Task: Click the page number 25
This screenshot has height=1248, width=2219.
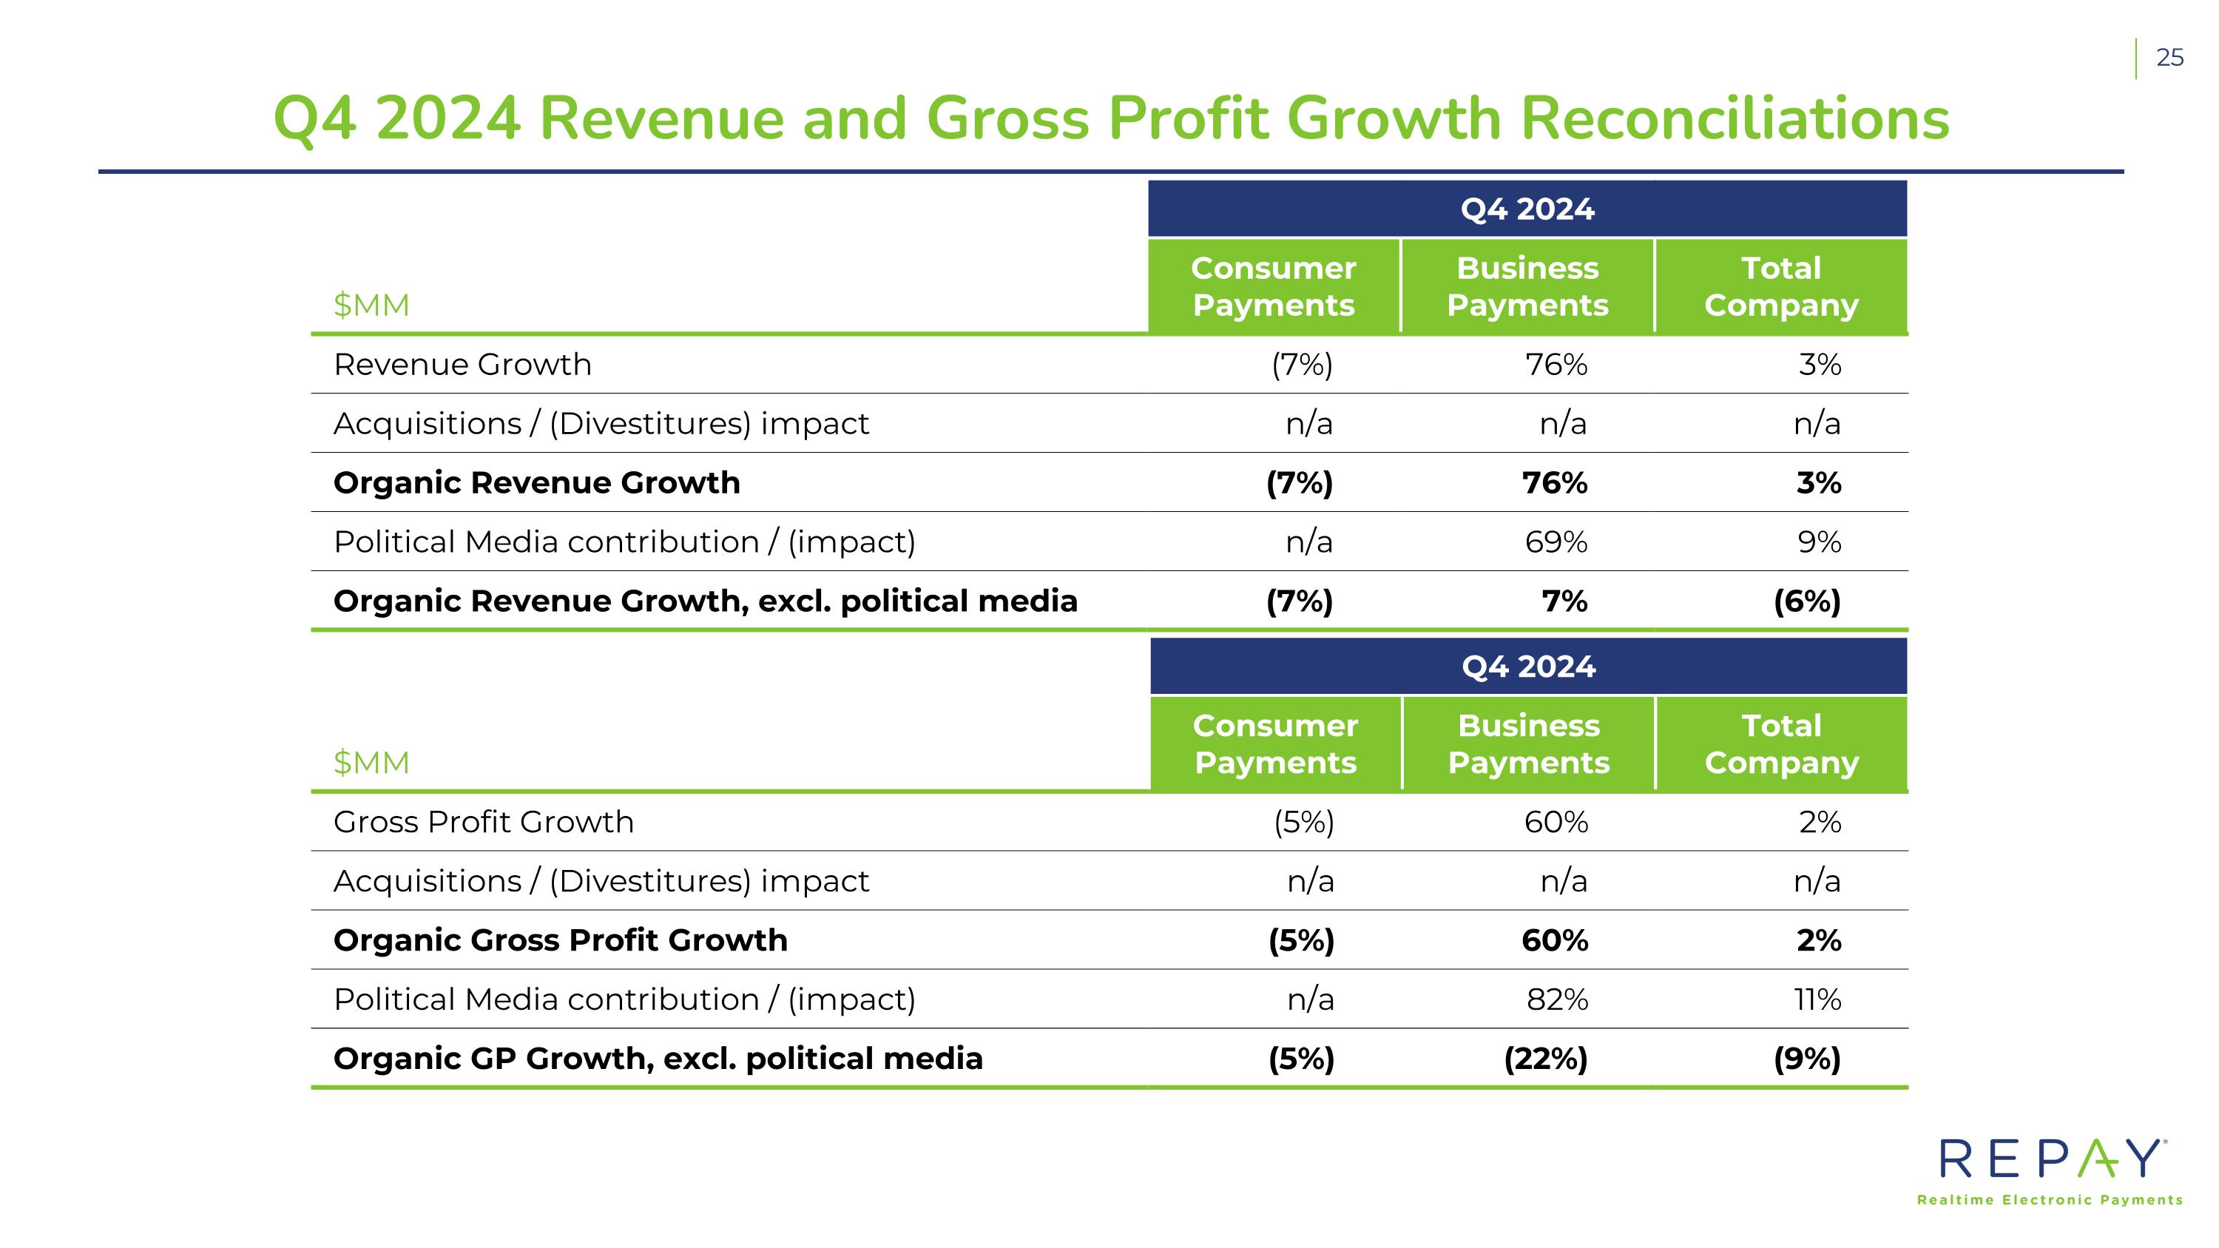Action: coord(2169,58)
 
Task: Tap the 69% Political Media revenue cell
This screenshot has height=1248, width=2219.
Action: coord(1556,542)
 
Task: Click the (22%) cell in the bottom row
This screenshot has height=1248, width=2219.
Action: coord(1545,1059)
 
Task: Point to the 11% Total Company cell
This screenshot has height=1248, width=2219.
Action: coord(1817,999)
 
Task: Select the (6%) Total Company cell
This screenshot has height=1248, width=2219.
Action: coord(1806,601)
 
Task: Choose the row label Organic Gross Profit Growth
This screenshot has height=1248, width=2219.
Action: coord(560,940)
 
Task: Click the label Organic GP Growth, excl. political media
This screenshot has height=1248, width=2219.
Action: coord(658,1059)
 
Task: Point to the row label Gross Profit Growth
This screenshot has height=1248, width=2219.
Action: coord(483,823)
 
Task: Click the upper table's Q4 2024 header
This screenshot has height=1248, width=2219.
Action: coord(1527,209)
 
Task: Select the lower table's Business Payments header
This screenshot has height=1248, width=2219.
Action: coord(1528,744)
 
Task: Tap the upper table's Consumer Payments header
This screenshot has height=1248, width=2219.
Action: coord(1273,287)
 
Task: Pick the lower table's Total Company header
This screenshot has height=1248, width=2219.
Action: coord(1781,744)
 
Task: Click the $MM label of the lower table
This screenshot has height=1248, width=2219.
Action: coord(371,762)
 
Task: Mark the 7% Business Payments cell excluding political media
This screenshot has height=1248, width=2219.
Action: coord(1564,601)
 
